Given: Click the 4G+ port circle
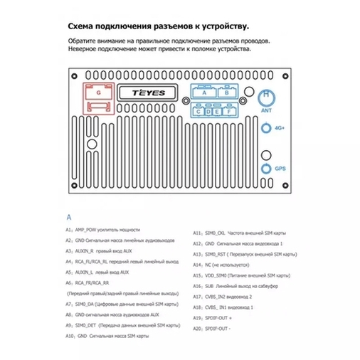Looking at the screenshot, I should point(267,128).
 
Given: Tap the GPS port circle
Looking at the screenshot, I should point(267,169).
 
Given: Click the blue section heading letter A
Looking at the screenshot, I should point(69,216).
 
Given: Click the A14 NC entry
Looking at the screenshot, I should point(228,264).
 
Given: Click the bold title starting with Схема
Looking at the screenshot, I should point(158,26).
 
